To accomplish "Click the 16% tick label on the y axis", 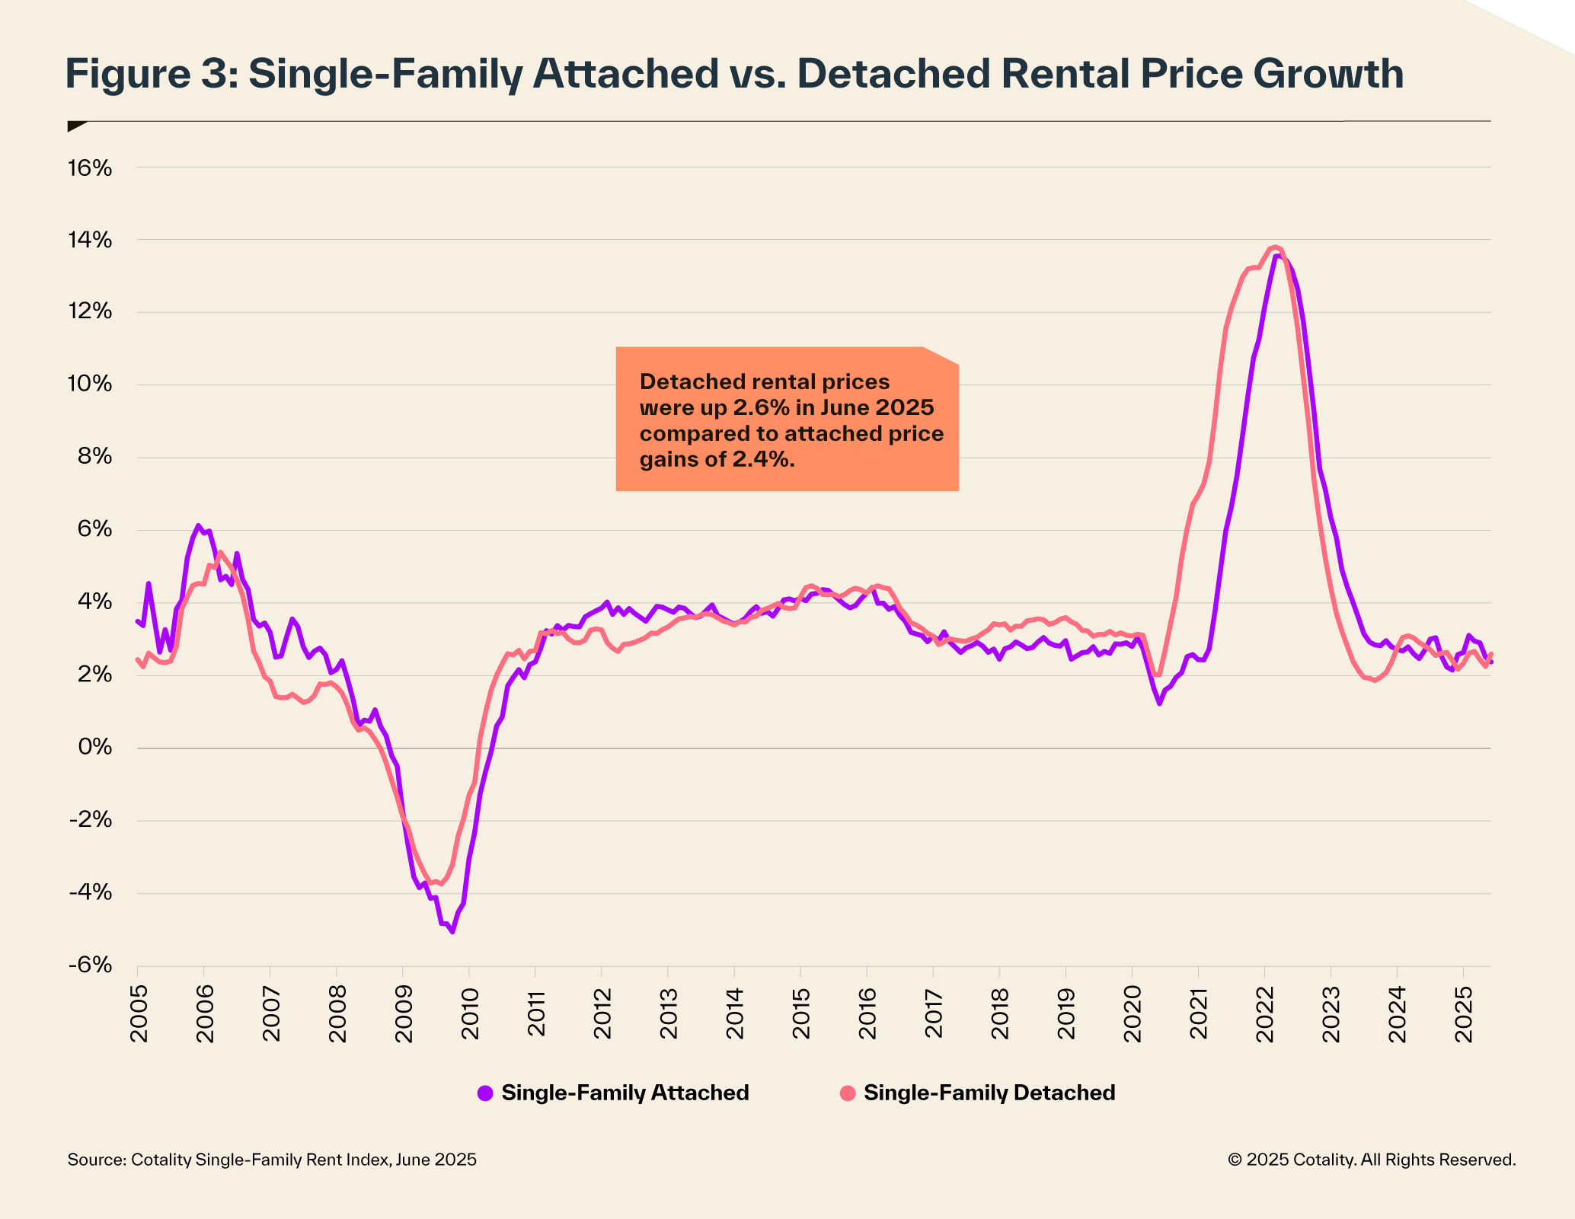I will pyautogui.click(x=90, y=168).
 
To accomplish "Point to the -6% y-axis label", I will pyautogui.click(x=90, y=965).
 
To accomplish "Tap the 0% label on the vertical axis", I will pyautogui.click(x=94, y=748).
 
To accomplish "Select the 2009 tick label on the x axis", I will pyautogui.click(x=404, y=1014).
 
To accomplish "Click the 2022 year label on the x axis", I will pyautogui.click(x=1265, y=1014).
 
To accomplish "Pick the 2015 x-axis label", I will pyautogui.click(x=801, y=1014).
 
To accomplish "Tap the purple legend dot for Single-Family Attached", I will pyautogui.click(x=485, y=1093).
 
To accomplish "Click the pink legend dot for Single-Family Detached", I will pyautogui.click(x=848, y=1093).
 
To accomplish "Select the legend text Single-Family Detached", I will pyautogui.click(x=989, y=1093).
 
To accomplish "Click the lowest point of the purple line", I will pyautogui.click(x=452, y=932).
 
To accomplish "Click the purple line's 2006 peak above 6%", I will pyautogui.click(x=198, y=525).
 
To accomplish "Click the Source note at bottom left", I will pyautogui.click(x=272, y=1160).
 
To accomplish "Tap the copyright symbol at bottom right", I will pyautogui.click(x=1235, y=1160).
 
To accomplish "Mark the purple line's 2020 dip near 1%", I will pyautogui.click(x=1159, y=703).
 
